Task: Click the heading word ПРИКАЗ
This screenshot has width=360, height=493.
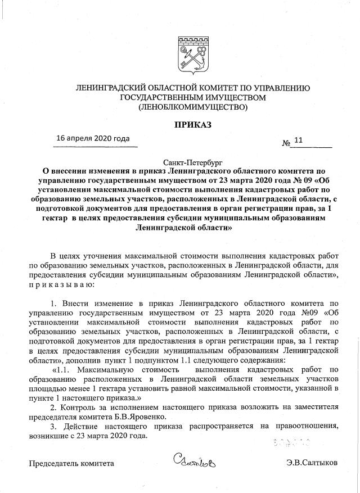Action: tap(192, 124)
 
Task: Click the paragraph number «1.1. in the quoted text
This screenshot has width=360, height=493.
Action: tap(62, 369)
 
